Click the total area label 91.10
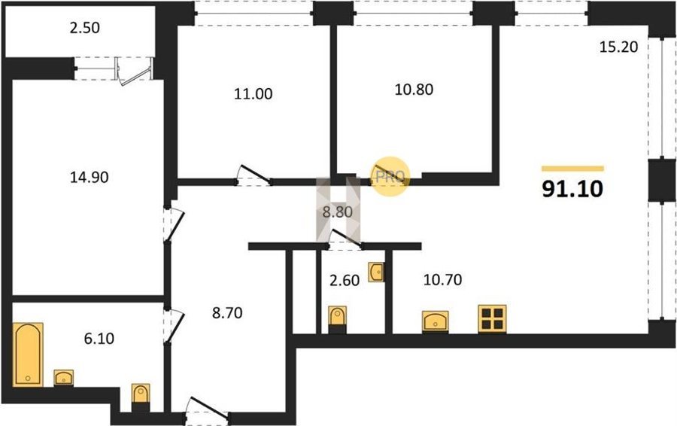572,189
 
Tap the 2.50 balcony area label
84,28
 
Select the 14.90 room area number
90,177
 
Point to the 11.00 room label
253,94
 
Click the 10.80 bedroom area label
414,90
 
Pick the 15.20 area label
619,47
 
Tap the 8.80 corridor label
338,212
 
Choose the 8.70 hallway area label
227,313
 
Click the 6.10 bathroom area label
99,338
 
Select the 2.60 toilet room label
344,281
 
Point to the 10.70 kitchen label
442,279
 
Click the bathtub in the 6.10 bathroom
28,354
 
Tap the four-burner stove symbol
492,319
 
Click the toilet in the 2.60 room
337,320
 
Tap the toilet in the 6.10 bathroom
141,397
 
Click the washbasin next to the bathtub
63,378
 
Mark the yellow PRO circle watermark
390,176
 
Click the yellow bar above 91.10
572,169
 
